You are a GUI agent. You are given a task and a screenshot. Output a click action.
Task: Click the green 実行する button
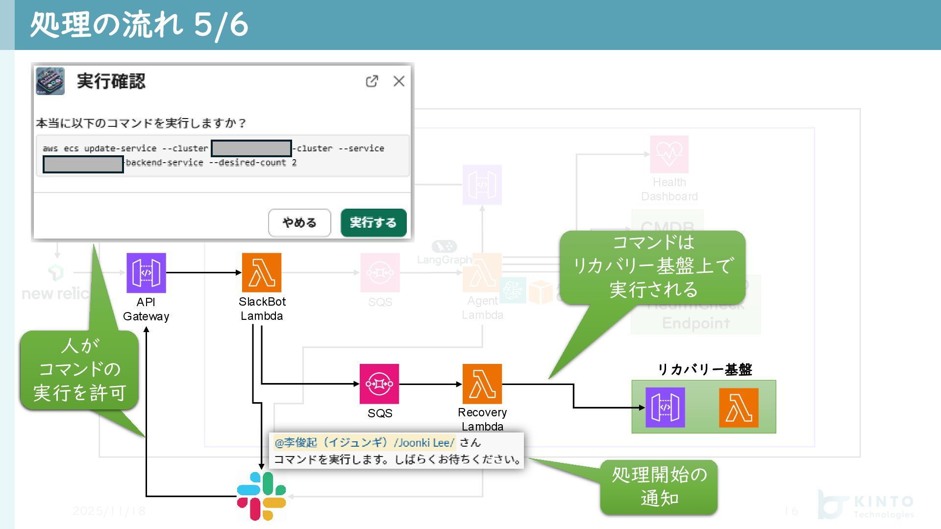pos(373,222)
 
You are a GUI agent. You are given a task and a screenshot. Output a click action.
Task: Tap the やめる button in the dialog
pos(299,222)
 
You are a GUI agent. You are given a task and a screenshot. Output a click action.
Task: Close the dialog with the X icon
pos(399,81)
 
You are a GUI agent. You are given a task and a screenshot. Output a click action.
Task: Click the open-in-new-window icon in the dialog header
pos(372,81)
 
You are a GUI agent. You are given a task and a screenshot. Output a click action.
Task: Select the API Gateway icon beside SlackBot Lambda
pos(146,273)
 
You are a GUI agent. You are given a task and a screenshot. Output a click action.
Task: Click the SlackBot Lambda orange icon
pos(262,273)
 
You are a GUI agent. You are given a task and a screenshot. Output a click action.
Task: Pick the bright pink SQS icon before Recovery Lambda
pos(379,384)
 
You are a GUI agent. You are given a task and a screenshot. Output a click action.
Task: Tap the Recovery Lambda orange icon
pos(482,384)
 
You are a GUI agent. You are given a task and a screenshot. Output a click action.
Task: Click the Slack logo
pos(261,496)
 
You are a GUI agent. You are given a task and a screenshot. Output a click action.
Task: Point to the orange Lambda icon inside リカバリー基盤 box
pos(739,408)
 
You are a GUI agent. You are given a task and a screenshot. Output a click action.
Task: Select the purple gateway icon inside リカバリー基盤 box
pos(665,408)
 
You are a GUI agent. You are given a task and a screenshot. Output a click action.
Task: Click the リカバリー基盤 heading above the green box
pos(704,369)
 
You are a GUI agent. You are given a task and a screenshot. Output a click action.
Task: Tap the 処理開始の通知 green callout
pos(659,487)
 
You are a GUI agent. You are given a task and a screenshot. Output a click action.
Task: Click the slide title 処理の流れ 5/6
pos(139,24)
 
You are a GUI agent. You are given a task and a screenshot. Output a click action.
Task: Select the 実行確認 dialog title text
pos(111,81)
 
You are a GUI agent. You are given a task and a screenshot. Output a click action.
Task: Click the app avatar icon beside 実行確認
pos(50,81)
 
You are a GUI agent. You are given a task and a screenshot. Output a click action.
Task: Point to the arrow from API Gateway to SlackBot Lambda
pos(203,272)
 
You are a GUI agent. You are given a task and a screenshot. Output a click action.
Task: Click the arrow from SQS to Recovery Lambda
pos(430,384)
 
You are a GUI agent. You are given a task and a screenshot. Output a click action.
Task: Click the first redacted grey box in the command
pos(251,148)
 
